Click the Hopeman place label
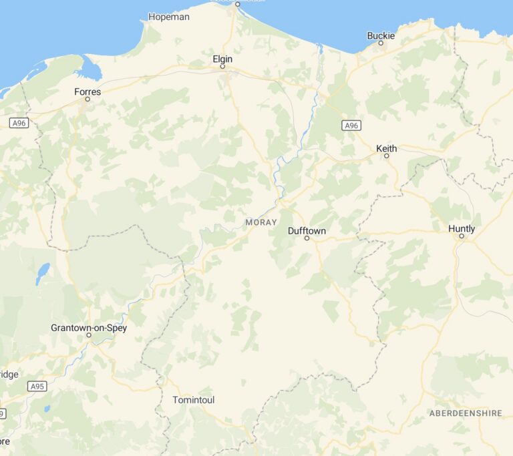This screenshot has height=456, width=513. [169, 17]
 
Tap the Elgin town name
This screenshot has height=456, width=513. [222, 59]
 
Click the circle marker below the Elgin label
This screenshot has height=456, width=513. [222, 67]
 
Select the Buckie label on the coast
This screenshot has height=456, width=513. [381, 35]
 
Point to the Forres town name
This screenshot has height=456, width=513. [88, 91]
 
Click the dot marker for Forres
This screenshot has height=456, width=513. [87, 100]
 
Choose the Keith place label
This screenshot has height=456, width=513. [386, 148]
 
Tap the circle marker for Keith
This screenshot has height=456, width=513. [386, 156]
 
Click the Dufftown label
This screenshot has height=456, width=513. [307, 230]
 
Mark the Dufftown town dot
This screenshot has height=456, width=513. [307, 238]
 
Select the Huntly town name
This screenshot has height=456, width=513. [462, 228]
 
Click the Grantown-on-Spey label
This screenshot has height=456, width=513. [89, 328]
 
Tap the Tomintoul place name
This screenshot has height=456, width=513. [194, 400]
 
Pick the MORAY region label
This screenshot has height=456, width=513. [261, 222]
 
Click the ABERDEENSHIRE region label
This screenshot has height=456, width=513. [465, 413]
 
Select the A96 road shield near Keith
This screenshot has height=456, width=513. [351, 126]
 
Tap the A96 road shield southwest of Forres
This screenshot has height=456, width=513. [19, 123]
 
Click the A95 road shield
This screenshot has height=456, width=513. [37, 386]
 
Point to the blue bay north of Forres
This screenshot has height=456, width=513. [88, 68]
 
